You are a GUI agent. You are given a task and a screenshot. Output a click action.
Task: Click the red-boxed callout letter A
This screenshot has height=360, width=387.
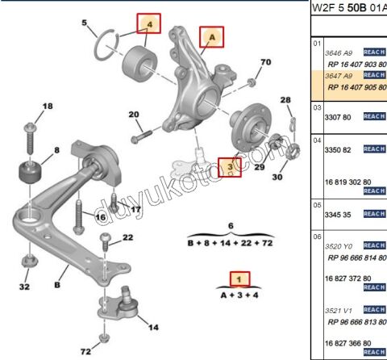pos(212,37)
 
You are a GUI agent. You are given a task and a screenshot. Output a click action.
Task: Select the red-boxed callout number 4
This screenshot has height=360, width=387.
pos(148,26)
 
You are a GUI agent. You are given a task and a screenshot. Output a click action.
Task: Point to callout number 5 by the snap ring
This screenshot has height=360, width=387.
pos(85,23)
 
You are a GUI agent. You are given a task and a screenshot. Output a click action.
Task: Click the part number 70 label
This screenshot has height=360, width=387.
pos(266,63)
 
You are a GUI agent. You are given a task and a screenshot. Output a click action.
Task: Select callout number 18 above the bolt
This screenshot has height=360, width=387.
pos(47,107)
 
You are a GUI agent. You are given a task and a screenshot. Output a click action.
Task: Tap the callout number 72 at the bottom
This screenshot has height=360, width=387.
pos(85,351)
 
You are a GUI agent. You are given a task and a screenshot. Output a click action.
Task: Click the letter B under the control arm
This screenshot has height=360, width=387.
pos(58,285)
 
